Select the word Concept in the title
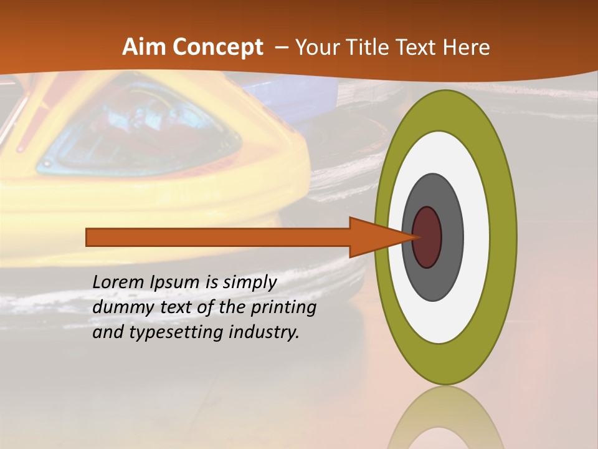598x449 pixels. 218,48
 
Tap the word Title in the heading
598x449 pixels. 370,47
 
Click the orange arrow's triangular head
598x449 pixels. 374,237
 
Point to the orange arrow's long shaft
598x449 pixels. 218,237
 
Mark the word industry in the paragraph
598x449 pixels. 264,333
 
